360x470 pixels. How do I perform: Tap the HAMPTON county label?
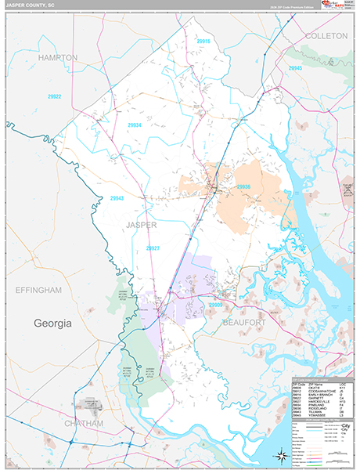point(57,58)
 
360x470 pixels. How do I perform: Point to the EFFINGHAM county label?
point(38,290)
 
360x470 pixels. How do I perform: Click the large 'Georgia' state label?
point(52,323)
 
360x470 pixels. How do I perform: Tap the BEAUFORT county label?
point(244,322)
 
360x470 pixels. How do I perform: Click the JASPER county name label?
point(141,225)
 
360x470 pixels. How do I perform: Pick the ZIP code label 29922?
point(55,96)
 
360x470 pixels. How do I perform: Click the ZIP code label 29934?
point(135,125)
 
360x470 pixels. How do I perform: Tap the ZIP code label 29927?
point(153,248)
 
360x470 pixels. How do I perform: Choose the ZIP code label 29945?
point(294,69)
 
